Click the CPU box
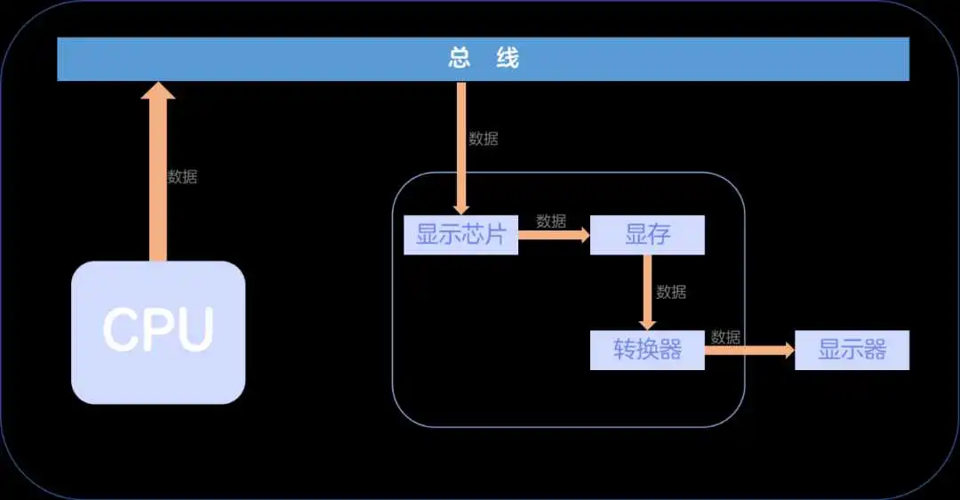(158, 333)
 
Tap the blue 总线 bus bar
(483, 59)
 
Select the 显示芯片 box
(461, 235)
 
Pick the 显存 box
(647, 235)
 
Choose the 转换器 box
(647, 350)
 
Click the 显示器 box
(852, 350)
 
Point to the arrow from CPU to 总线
(158, 172)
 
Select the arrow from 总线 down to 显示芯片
(461, 149)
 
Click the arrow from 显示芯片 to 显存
(554, 235)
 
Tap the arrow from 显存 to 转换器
(647, 293)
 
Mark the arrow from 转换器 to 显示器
(749, 350)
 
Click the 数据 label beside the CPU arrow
(182, 176)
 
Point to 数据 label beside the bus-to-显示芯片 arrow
(484, 139)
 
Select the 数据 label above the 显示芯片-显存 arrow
(551, 221)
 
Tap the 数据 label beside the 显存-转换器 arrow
(671, 292)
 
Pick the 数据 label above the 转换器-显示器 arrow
(725, 336)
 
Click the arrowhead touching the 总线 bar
(158, 91)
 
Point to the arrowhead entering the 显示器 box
(787, 350)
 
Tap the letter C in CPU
(119, 330)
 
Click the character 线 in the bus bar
(508, 59)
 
